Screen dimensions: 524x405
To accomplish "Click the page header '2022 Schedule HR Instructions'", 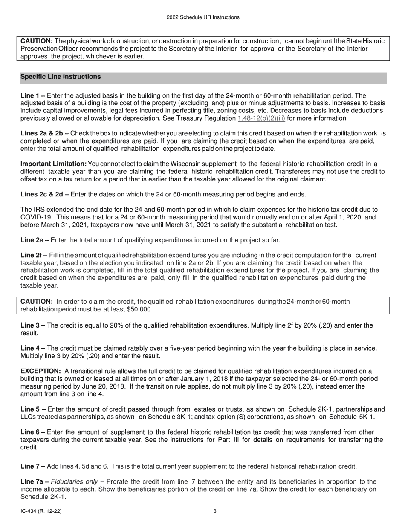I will coord(202,17).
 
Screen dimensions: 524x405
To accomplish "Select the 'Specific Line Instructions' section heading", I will coord(61,77).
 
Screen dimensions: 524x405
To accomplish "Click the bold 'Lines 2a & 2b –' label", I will coord(44,134).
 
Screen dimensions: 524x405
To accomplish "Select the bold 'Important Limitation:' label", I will coord(53,164).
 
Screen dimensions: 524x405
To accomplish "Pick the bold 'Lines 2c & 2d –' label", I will coord(44,194).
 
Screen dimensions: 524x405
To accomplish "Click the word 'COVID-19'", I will coord(35,217).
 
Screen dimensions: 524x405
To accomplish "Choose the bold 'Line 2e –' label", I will coord(35,240).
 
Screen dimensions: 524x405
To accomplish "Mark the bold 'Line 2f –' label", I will coord(34,255).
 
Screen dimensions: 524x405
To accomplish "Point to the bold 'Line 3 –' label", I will coord(33,325).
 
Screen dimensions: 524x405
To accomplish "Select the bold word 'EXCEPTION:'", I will coord(40,371).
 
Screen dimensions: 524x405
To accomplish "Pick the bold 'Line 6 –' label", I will coord(33,432).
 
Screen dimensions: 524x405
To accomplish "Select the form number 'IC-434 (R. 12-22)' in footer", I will coord(43,510).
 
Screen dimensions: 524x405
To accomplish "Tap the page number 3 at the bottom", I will coord(215,510).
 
